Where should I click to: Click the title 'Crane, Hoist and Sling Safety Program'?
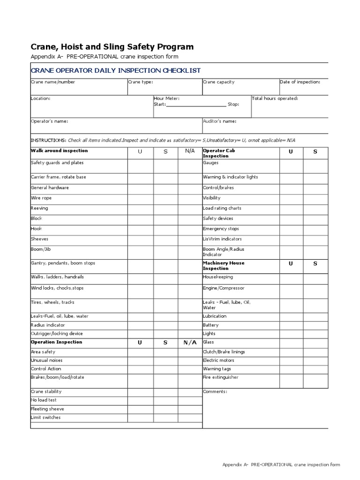112,47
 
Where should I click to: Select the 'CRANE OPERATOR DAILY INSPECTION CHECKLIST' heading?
115,71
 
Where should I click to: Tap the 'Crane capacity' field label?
218,82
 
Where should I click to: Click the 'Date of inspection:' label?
300,82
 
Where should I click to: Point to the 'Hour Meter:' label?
166,98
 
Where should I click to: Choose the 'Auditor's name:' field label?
219,121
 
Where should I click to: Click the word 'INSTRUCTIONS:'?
48,140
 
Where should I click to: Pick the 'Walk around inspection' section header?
59,151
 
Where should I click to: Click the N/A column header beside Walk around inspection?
190,151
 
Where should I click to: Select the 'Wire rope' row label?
41,198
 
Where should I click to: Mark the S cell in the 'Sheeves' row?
165,239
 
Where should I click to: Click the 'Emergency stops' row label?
221,229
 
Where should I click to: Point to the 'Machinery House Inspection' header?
224,266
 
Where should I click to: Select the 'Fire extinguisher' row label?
220,377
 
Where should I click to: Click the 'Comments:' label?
215,391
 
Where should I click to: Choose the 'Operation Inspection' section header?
56,342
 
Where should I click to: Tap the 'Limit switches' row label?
45,418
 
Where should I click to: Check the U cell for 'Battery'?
291,325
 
